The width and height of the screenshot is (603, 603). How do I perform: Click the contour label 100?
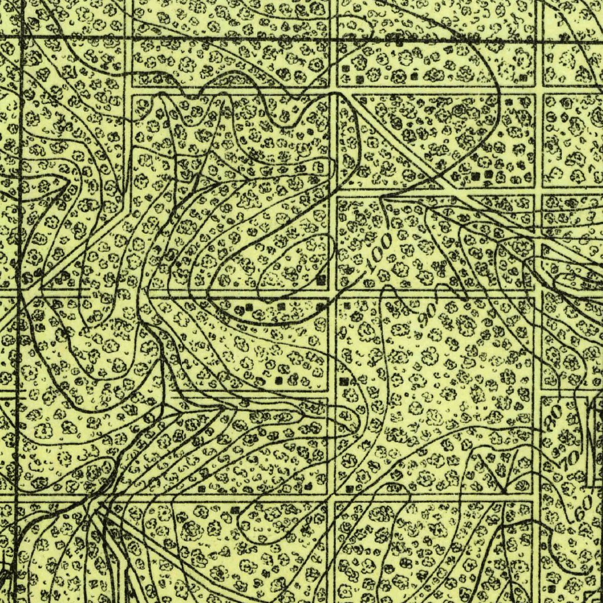(380, 253)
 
